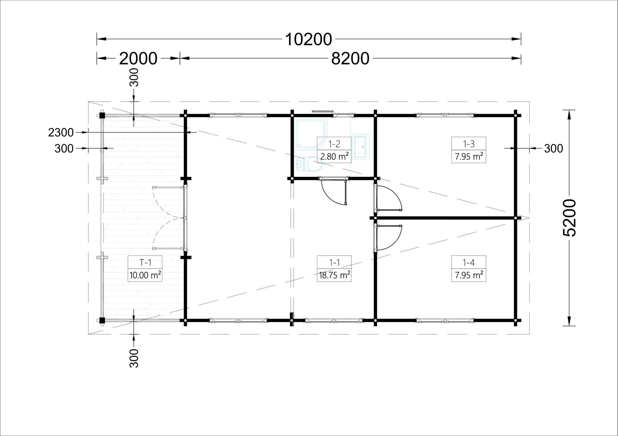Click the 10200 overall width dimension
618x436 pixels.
[x=309, y=39]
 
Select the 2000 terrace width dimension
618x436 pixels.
[x=138, y=58]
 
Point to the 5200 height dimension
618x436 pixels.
[x=569, y=218]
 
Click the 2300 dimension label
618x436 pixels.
[x=61, y=133]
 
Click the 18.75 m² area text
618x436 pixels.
[x=334, y=275]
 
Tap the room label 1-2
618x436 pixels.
[x=334, y=144]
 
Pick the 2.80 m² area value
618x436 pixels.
[x=334, y=156]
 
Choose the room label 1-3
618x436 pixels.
[x=469, y=144]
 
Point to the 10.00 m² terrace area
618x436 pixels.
[x=145, y=275]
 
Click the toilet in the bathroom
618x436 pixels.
[x=309, y=164]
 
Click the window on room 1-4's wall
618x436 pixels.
[x=445, y=320]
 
